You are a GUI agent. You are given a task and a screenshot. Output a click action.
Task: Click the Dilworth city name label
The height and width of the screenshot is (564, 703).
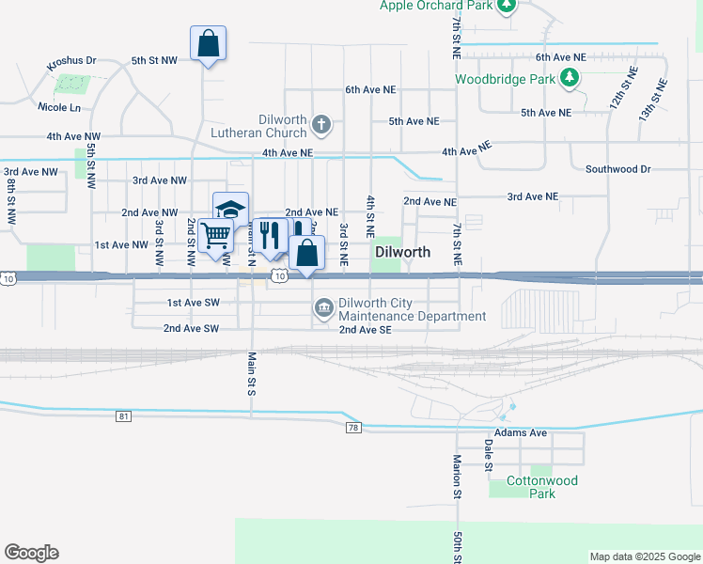click(x=402, y=252)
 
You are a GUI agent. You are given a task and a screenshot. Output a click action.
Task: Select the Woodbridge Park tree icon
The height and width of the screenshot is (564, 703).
click(x=569, y=78)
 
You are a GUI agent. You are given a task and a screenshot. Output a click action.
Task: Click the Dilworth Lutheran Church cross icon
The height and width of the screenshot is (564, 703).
click(x=321, y=123)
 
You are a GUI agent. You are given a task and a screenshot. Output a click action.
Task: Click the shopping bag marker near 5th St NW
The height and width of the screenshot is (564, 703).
click(x=208, y=42)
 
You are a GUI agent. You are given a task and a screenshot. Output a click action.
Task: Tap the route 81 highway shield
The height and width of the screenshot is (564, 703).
click(x=124, y=415)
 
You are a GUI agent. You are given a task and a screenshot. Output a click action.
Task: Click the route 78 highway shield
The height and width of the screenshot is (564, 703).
click(x=353, y=428)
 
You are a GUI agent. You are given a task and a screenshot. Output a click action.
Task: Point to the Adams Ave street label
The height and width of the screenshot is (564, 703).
click(x=521, y=433)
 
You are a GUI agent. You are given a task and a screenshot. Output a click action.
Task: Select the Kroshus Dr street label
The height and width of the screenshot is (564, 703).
click(x=72, y=60)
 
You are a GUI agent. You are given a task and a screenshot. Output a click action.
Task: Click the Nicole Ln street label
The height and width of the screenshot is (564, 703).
click(x=60, y=108)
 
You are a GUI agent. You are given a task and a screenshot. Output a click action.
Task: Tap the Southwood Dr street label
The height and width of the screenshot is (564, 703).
click(x=617, y=169)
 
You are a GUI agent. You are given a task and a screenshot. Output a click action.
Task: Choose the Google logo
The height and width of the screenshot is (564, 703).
click(x=31, y=553)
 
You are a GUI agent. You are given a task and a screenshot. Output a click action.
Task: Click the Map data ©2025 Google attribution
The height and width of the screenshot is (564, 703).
click(x=644, y=556)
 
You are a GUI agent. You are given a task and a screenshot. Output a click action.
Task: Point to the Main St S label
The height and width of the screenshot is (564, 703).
click(x=252, y=373)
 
